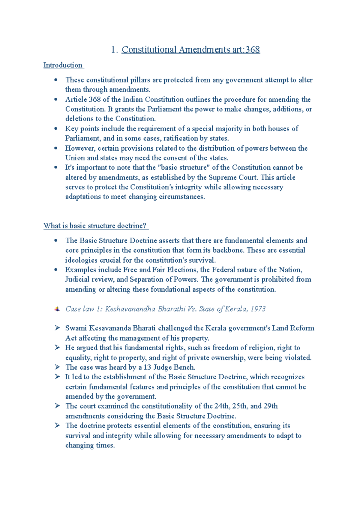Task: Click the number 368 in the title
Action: tap(252, 50)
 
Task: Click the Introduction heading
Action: tap(63, 65)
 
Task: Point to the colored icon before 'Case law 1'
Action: tap(57, 309)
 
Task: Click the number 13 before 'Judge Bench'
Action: tap(147, 367)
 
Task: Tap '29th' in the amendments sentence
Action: tap(270, 406)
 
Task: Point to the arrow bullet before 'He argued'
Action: tap(57, 348)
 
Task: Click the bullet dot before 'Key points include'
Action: tap(56, 128)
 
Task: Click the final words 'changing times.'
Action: tap(90, 445)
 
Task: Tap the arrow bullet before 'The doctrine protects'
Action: tap(57, 425)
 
